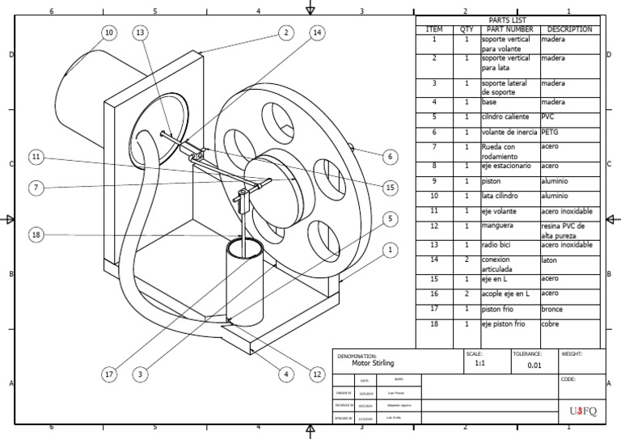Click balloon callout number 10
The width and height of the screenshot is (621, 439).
(x=108, y=32)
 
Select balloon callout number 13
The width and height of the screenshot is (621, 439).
(x=141, y=32)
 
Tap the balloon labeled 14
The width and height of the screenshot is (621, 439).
(x=316, y=32)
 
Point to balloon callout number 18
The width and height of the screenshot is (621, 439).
(x=36, y=235)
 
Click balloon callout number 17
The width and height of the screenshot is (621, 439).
(x=108, y=374)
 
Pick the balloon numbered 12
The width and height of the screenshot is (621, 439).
(x=318, y=374)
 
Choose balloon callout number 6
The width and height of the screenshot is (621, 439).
(x=390, y=157)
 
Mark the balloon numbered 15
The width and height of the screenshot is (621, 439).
(x=390, y=188)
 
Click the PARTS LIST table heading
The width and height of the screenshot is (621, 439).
(x=507, y=20)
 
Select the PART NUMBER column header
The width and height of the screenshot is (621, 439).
(x=509, y=29)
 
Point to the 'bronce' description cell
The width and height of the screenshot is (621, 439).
(x=555, y=309)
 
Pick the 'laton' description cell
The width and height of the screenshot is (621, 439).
(x=551, y=260)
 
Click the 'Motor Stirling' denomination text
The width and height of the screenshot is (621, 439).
(x=373, y=364)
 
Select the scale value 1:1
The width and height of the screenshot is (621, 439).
(x=475, y=365)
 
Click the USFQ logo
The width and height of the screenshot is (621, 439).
(x=581, y=411)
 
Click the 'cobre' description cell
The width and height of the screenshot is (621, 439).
(x=552, y=324)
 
